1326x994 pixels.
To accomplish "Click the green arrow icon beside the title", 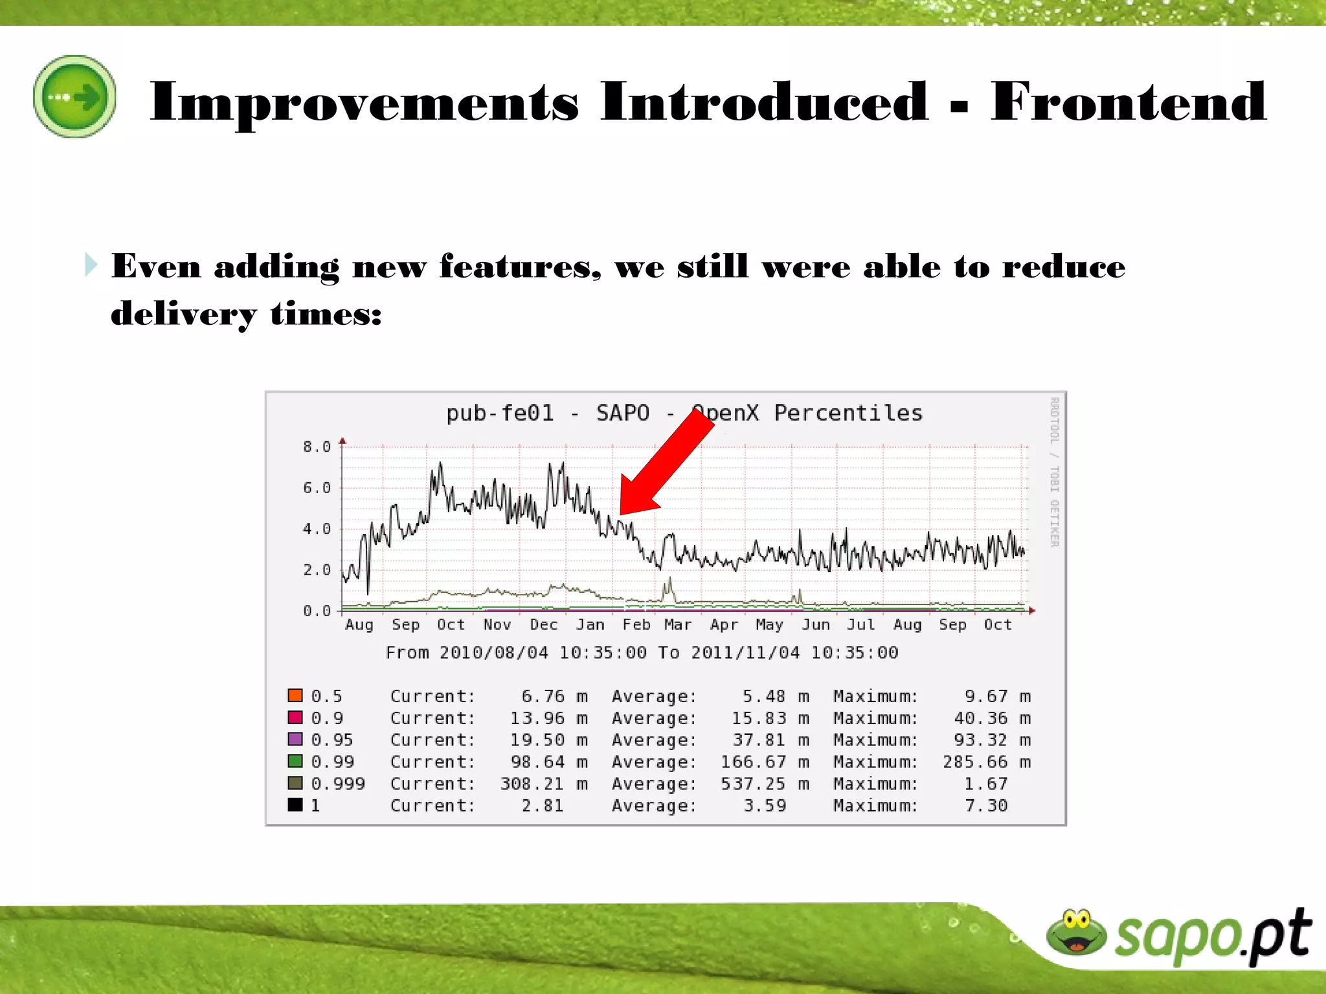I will pos(75,96).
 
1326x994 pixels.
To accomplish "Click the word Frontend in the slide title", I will pos(1128,102).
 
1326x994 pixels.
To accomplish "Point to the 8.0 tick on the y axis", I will pos(317,447).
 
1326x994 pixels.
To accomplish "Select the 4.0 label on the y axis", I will pos(317,529).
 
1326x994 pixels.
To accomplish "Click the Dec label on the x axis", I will pos(543,624).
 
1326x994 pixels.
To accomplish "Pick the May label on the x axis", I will pos(769,624).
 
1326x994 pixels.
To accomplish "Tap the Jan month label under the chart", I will pos(590,624).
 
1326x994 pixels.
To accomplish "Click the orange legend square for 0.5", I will pos(295,696).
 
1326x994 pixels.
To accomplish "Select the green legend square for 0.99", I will pos(295,761).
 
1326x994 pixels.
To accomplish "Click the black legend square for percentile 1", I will pos(295,804).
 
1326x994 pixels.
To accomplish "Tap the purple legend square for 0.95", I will pos(295,739).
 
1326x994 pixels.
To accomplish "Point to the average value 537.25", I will pos(753,784).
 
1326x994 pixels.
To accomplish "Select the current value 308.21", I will pos(532,784).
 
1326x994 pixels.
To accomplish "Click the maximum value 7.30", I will pos(985,806).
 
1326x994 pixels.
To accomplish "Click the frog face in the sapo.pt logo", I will pos(1076,933).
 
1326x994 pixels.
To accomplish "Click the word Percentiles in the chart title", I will pos(848,413).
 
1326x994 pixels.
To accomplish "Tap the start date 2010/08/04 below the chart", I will pos(493,652).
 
